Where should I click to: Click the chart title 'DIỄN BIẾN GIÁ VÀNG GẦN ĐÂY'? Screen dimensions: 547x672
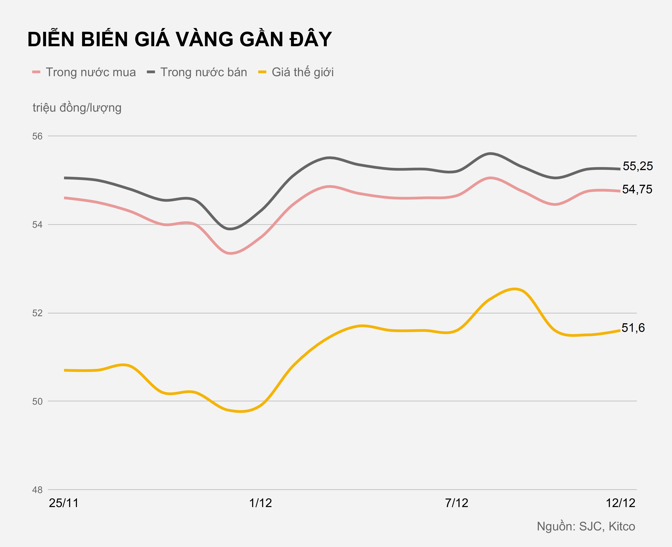pyautogui.click(x=179, y=40)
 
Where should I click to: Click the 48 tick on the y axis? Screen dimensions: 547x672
pyautogui.click(x=37, y=490)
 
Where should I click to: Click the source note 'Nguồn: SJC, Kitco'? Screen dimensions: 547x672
pyautogui.click(x=586, y=527)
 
